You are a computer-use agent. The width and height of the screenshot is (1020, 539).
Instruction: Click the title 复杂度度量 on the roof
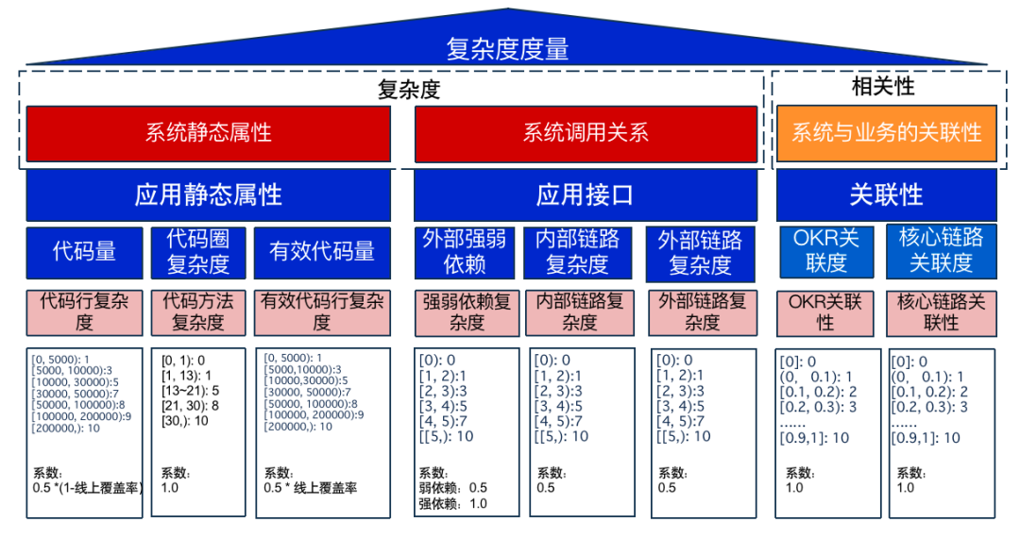click(507, 48)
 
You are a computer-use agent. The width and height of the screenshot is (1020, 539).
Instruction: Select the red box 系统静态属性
click(208, 132)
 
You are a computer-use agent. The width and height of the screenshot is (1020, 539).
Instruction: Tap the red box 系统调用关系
click(586, 132)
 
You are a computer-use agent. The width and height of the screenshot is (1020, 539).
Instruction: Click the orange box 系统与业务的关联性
click(886, 132)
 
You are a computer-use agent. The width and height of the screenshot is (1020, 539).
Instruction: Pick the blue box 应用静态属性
click(208, 195)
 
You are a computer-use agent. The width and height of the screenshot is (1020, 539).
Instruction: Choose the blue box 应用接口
click(586, 195)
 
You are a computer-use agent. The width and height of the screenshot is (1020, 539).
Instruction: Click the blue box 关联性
click(886, 195)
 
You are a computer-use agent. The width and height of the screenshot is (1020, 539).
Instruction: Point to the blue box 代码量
click(84, 251)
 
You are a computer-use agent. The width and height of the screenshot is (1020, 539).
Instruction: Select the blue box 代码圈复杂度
click(198, 251)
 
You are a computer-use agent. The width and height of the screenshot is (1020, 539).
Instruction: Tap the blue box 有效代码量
click(322, 251)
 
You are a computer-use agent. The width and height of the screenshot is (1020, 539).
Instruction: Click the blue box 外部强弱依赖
click(464, 252)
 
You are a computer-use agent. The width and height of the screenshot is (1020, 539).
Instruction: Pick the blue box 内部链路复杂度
click(578, 252)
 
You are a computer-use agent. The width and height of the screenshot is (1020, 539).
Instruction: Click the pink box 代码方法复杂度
click(198, 312)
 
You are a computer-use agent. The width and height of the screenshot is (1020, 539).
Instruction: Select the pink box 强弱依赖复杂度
click(467, 312)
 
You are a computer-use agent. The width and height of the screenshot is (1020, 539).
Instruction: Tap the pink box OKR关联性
click(825, 312)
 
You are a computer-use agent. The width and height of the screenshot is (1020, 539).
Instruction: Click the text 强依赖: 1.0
click(453, 504)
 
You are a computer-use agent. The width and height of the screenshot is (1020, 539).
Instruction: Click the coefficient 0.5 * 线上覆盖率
click(311, 488)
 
